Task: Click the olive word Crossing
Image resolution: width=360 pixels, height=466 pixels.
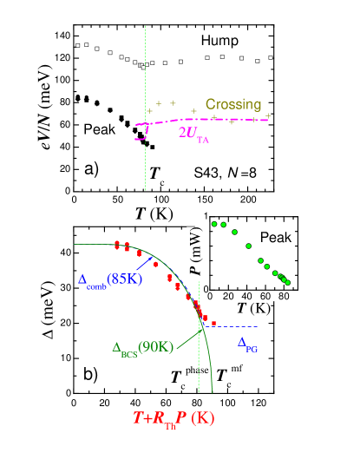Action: [x=233, y=104]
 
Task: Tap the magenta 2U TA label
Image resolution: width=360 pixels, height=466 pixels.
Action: [x=193, y=133]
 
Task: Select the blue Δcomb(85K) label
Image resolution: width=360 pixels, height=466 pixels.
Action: [x=110, y=279]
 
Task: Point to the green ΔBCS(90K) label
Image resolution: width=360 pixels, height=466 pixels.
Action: [x=143, y=347]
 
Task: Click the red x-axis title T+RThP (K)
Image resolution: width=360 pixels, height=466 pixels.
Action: [x=173, y=418]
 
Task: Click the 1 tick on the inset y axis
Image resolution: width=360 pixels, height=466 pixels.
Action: [x=205, y=215]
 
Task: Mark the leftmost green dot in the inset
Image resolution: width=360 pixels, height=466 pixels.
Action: [x=214, y=224]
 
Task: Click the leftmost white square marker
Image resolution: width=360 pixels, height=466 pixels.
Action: [x=78, y=45]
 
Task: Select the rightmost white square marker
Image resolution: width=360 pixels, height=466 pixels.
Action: [x=271, y=58]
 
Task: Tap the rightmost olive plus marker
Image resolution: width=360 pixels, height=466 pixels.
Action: [x=268, y=115]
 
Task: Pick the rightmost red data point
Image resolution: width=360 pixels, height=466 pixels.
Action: [x=213, y=323]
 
